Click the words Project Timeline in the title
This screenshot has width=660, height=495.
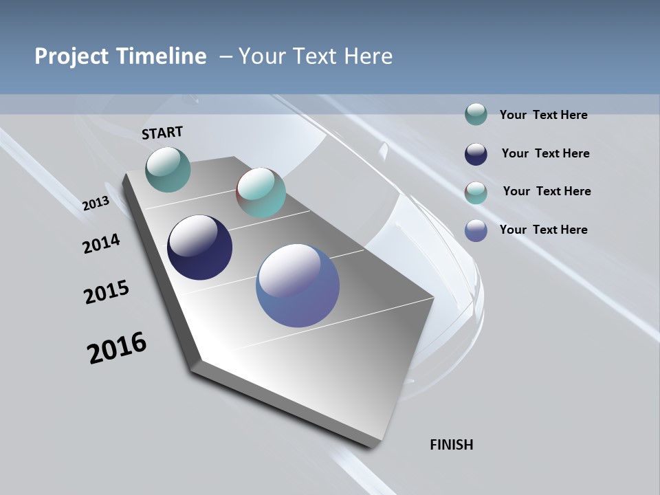click(x=120, y=56)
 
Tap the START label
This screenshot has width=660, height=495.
click(x=162, y=133)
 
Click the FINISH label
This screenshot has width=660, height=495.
click(x=452, y=445)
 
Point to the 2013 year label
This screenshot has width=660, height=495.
click(x=96, y=204)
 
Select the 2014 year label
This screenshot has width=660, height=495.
click(x=101, y=243)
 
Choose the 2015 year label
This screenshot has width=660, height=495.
click(x=107, y=291)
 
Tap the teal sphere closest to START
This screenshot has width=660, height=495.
click(x=168, y=169)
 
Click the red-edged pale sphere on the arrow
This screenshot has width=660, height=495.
click(x=261, y=192)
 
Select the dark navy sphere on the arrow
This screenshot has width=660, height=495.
click(x=199, y=247)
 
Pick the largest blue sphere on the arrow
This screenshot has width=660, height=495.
click(x=298, y=285)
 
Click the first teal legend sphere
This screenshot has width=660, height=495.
click(x=476, y=115)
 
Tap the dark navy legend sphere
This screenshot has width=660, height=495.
click(x=476, y=154)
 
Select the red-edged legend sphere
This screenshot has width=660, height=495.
click(x=476, y=192)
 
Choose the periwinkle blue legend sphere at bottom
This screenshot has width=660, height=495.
click(x=476, y=230)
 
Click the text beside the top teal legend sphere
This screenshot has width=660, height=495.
click(x=543, y=115)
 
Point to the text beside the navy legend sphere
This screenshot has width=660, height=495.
click(x=545, y=153)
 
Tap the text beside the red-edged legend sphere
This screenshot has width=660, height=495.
click(x=547, y=191)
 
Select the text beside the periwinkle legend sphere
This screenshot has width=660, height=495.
click(x=543, y=230)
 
